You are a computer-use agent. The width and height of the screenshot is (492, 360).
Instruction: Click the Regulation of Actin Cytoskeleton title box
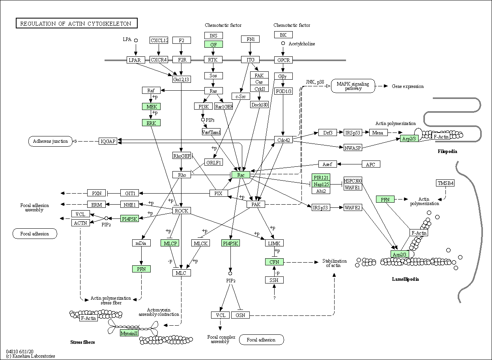pos(77,23)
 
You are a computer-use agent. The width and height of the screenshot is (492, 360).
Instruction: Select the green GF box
pos(213,44)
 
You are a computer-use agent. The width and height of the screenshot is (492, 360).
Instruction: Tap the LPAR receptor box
pos(136,60)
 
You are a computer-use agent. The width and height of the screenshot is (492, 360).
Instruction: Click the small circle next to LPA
pos(136,40)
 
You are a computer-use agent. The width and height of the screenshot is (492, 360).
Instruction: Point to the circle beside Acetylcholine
pos(283,43)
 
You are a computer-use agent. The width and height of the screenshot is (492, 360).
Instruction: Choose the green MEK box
pos(152,107)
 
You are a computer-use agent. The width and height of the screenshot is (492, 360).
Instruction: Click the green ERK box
pos(152,123)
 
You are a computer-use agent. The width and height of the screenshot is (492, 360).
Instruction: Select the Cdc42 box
pos(283,140)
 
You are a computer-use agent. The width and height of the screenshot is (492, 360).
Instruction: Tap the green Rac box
pos(241,175)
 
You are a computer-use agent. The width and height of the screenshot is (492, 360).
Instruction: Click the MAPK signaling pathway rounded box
pos(353,86)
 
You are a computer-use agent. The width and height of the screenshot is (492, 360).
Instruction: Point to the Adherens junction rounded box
pos(50,141)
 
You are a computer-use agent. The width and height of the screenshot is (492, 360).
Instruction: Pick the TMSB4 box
pos(445,183)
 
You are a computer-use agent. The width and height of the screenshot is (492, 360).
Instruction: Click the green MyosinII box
pos(129,333)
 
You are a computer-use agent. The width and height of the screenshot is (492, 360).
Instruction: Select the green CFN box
pos(274,262)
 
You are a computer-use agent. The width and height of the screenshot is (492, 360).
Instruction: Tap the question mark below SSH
pos(274,298)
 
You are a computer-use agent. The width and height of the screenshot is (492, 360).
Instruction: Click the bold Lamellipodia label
pos(405,279)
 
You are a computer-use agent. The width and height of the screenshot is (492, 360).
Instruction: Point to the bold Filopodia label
pos(447,151)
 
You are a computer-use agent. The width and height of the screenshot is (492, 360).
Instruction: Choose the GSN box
pos(240,315)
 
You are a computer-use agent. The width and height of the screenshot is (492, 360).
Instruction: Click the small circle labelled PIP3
pos(203,119)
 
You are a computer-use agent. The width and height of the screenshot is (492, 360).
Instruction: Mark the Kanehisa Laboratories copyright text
pos(30,356)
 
